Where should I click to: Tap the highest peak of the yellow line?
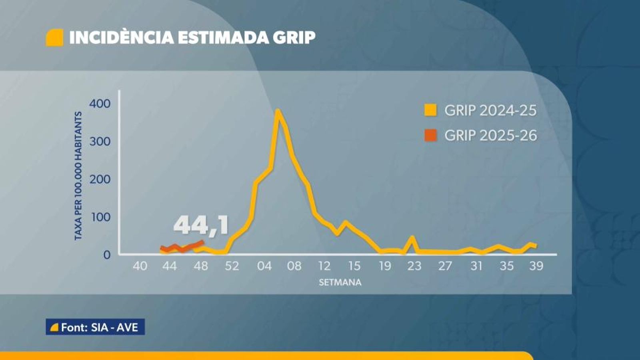tap(277, 111)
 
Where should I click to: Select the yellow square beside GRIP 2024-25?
tap(430, 110)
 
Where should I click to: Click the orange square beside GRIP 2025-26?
tap(430, 135)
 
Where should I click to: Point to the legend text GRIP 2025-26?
tap(490, 135)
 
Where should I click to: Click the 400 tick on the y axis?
tap(100, 104)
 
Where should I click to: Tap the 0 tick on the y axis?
tap(107, 254)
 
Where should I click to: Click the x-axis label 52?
tap(232, 266)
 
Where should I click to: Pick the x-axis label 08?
tap(294, 266)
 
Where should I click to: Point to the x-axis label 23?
tap(414, 266)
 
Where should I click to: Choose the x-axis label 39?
tap(536, 266)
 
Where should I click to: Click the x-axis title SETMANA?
tap(340, 282)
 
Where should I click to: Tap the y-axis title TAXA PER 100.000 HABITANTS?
tap(78, 176)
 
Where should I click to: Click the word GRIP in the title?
tap(294, 38)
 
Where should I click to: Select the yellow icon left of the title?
tap(54, 38)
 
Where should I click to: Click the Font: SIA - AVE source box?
tap(95, 327)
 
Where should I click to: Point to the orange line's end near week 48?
tap(203, 242)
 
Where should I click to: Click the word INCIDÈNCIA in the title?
tap(122, 38)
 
